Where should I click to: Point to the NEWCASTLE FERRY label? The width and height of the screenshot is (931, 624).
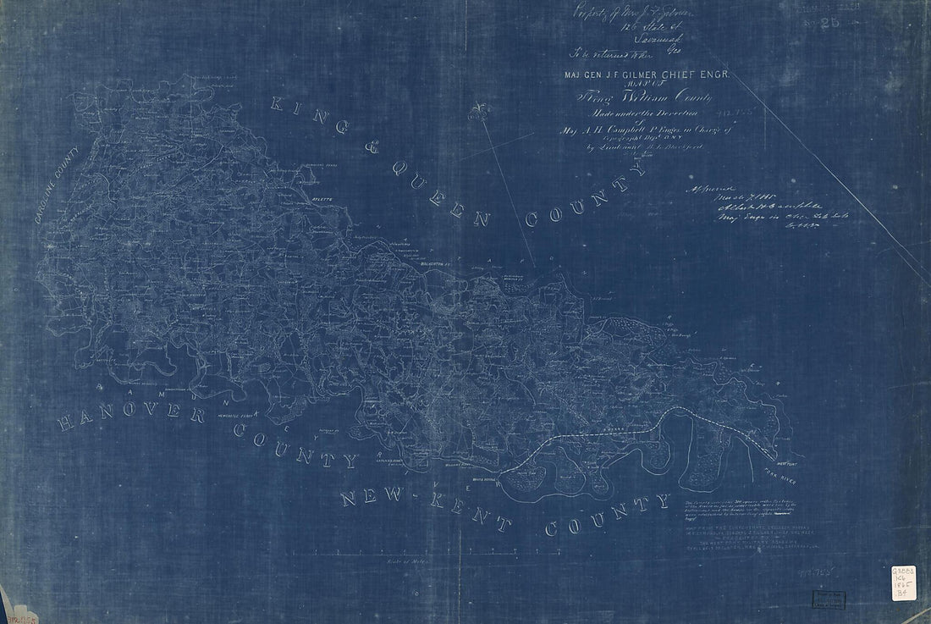tap(234, 417)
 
